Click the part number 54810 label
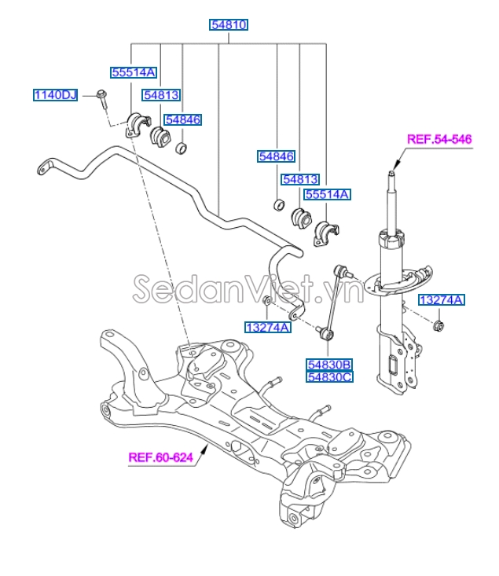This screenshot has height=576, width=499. [x=229, y=25]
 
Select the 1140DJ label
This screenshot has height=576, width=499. [x=55, y=95]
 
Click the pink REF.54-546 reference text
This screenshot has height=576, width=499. [x=438, y=140]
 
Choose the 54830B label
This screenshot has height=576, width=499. [x=329, y=365]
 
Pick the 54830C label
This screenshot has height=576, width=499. [x=329, y=377]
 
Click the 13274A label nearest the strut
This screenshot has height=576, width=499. [x=441, y=300]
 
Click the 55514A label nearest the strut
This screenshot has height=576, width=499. [x=328, y=193]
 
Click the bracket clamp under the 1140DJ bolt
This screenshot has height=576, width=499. [x=137, y=126]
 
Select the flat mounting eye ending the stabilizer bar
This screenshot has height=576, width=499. [x=43, y=167]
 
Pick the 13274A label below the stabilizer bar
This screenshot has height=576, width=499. [x=267, y=327]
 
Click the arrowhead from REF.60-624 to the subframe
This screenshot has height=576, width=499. [x=206, y=447]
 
